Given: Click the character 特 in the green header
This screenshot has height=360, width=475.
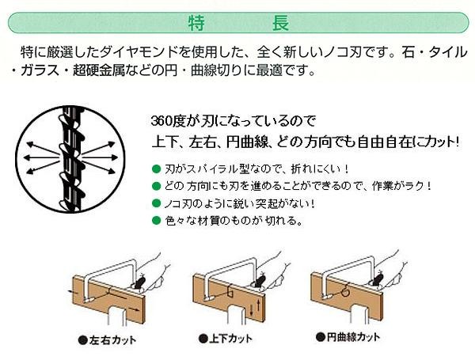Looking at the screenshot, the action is pos(196,23).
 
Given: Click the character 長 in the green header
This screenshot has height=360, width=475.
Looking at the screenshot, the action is pos(280,23).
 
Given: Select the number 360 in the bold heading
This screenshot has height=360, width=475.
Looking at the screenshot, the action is pos(161,121).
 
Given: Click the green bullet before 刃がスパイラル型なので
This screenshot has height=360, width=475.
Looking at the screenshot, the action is pos(156,169).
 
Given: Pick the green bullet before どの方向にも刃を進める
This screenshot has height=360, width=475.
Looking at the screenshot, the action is pos(156,186).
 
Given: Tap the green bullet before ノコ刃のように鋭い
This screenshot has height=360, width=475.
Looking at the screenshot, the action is pos(156,203).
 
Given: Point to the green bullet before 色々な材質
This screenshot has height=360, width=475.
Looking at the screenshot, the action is pos(156,220).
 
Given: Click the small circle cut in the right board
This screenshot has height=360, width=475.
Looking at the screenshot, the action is pos(345,293).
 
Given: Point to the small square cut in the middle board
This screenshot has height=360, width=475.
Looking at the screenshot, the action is pos(230,293).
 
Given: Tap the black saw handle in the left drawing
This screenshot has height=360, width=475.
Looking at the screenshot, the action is pos(139,281).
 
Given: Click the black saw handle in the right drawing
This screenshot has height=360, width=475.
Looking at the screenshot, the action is pos(377,279).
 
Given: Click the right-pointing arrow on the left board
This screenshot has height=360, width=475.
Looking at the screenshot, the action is pos(134,309).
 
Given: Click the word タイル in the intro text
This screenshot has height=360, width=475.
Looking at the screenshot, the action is pos(447,52).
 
